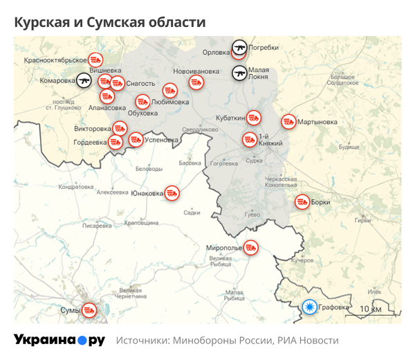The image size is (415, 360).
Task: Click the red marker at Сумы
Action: [89, 309]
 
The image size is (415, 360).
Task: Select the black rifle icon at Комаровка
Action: [84, 80]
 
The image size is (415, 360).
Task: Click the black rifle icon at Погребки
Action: [239, 47]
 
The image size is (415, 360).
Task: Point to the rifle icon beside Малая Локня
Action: [239, 73]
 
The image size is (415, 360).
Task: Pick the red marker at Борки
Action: [302, 202]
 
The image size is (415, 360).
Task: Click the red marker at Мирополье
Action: [252, 247]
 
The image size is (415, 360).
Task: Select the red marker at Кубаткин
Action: [254, 117]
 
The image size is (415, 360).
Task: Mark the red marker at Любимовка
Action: [170, 90]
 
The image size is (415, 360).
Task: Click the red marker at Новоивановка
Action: [196, 82]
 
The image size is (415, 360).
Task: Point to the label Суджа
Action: [254, 161]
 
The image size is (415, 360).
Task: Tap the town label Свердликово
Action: [196, 130]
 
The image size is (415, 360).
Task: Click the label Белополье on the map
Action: [149, 169]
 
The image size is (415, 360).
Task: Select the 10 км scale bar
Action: [370, 311]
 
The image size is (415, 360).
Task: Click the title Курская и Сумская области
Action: [110, 22]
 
